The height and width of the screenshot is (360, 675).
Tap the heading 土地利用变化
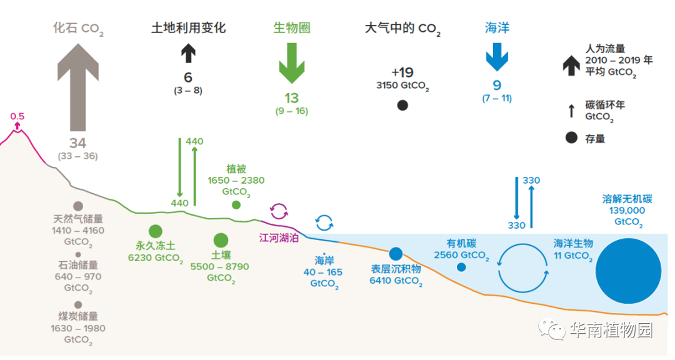[188, 28]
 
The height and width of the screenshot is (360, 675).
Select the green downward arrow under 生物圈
[291, 62]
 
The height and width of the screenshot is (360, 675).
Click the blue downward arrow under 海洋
[497, 57]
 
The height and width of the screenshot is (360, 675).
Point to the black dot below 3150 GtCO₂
[402, 106]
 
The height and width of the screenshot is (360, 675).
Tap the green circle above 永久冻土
[156, 231]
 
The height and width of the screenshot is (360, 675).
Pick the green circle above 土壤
[221, 240]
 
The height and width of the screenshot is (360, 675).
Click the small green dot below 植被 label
[236, 204]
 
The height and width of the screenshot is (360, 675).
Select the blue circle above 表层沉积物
[396, 254]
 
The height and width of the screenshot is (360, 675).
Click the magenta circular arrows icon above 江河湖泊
[279, 211]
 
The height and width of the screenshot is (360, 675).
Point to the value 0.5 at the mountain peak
[17, 116]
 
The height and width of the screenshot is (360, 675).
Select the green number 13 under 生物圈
[291, 98]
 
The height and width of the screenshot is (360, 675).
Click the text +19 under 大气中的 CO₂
[402, 72]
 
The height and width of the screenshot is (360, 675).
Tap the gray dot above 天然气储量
[78, 206]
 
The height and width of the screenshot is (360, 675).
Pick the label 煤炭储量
[78, 317]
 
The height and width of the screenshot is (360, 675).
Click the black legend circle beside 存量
[571, 138]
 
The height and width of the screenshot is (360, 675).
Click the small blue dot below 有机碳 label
[461, 267]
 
